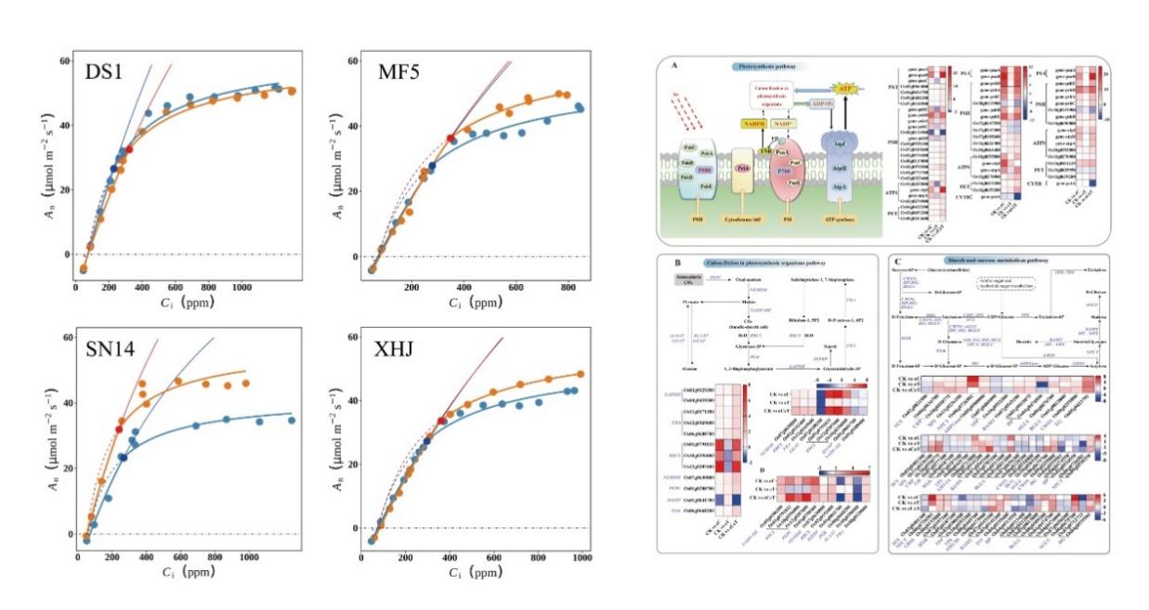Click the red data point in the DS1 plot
tap(130, 149)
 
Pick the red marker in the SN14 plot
tap(119, 430)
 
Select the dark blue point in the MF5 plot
tap(432, 165)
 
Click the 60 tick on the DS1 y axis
tap(64, 60)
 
